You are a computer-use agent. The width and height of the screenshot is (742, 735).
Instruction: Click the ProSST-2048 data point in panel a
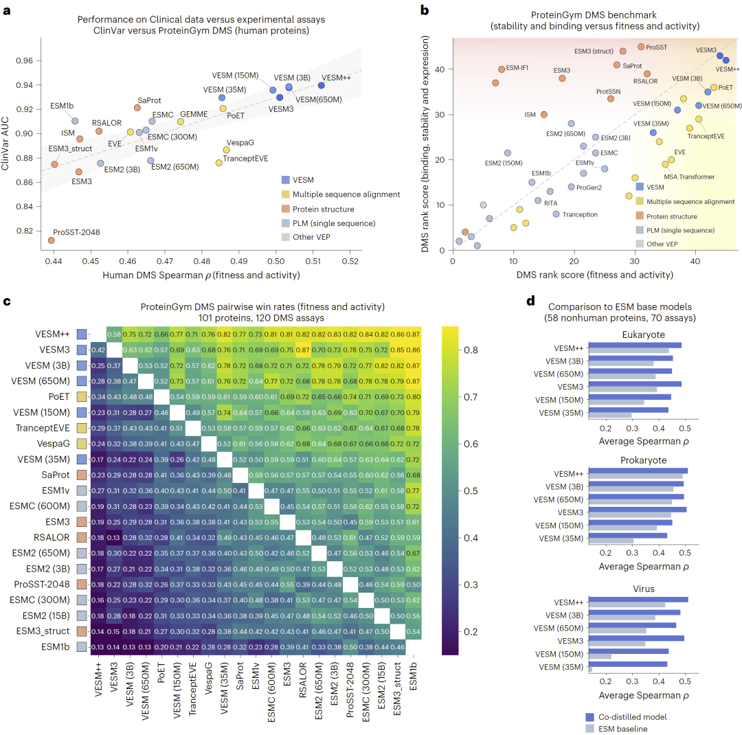[52, 240]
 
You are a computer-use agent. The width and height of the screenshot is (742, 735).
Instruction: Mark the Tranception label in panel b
[580, 214]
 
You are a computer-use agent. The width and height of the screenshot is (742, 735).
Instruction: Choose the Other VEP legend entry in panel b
[662, 244]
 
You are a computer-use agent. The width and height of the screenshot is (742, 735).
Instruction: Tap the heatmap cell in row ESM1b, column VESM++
[98, 646]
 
